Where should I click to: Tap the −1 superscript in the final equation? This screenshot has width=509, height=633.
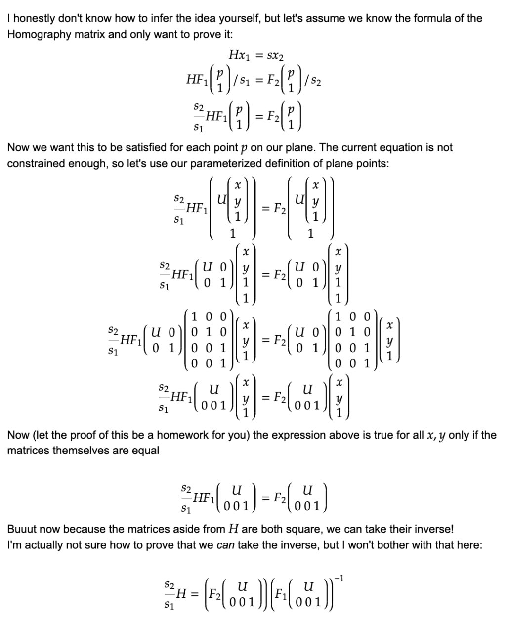point(341,579)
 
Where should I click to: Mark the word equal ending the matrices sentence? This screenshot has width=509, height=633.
point(145,451)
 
